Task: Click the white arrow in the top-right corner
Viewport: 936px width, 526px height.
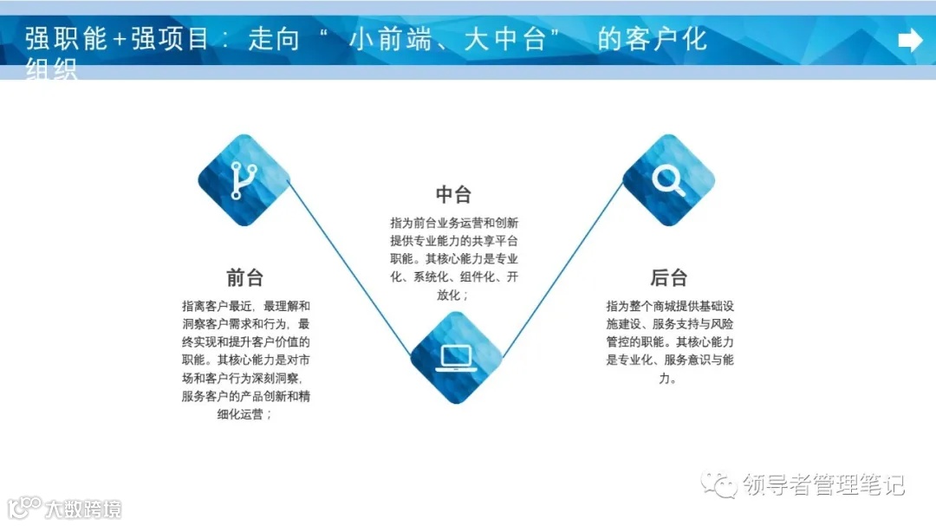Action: tap(910, 40)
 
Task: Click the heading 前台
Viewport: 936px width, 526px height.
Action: tap(244, 277)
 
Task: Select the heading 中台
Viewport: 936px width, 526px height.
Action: tap(453, 194)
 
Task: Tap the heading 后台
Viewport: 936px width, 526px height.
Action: tap(668, 277)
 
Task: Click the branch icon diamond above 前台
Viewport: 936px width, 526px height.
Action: tap(244, 180)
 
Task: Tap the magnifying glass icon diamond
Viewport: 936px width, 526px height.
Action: tap(668, 180)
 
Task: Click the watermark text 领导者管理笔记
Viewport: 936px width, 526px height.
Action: tap(823, 485)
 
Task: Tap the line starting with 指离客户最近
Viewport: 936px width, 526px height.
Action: tap(245, 306)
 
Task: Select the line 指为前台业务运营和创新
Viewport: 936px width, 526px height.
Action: tap(454, 223)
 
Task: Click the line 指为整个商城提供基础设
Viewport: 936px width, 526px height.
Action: tap(670, 306)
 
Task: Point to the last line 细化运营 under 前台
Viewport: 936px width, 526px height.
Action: tap(245, 414)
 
